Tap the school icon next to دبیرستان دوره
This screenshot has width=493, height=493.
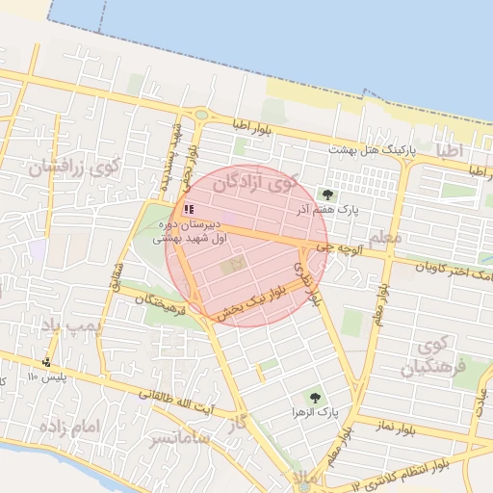click(188, 208)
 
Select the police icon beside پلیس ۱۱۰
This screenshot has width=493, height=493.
click(46, 363)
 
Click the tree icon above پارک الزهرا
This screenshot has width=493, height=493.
click(314, 395)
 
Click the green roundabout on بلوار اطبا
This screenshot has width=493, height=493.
click(200, 115)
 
